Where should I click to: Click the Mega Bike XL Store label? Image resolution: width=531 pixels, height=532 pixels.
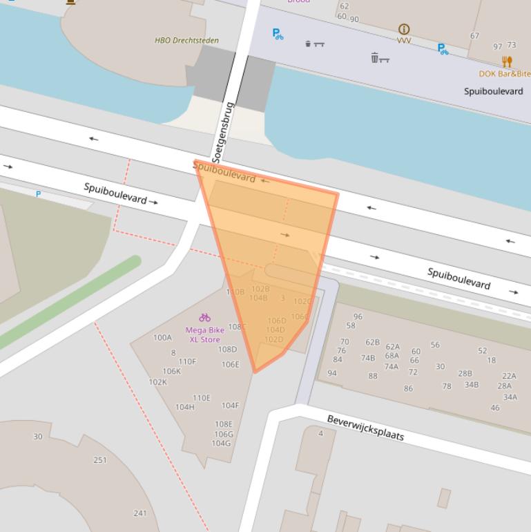click(x=205, y=335)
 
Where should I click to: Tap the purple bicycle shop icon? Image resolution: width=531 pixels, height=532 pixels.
click(x=204, y=318)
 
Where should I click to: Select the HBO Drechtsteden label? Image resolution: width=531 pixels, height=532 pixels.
click(x=186, y=41)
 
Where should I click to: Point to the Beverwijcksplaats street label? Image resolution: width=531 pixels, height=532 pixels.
click(x=365, y=428)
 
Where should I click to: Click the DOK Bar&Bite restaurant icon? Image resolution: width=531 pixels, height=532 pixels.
click(x=508, y=62)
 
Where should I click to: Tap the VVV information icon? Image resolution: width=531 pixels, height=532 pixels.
click(x=404, y=29)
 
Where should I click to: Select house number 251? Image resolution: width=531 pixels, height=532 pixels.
click(x=100, y=460)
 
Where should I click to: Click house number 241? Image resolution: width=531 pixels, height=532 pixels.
click(x=140, y=513)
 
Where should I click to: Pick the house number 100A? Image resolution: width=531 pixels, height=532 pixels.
click(x=162, y=338)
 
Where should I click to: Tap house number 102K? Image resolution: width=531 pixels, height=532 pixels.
click(x=157, y=382)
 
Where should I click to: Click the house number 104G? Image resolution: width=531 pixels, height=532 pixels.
click(x=221, y=444)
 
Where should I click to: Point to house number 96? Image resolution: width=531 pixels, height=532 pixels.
click(x=358, y=317)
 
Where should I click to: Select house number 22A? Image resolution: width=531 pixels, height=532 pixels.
click(x=509, y=376)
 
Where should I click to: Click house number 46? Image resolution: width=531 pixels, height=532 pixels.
click(x=495, y=408)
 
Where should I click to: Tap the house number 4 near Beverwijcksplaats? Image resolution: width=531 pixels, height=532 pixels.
click(x=320, y=433)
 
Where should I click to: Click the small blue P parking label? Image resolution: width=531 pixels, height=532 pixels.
click(x=38, y=194)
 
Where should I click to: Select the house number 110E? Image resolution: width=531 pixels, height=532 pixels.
click(x=201, y=398)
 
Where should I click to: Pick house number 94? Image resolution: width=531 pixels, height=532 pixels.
click(x=332, y=373)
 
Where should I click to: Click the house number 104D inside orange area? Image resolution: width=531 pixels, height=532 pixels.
click(x=276, y=330)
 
